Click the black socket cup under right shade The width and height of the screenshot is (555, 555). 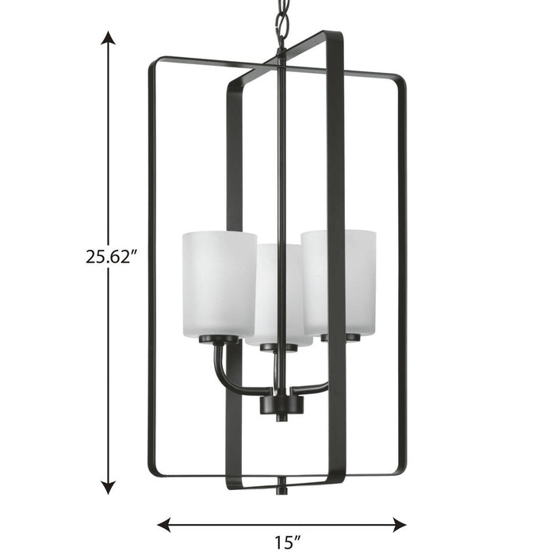340,337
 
